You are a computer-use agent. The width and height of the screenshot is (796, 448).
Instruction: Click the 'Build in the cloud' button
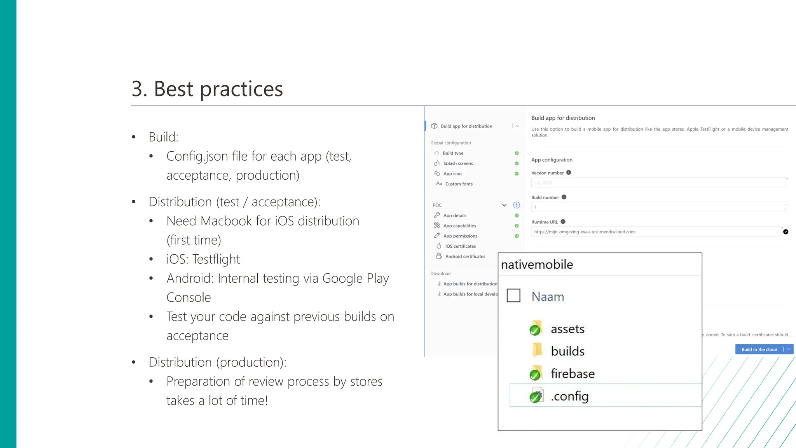pos(759,349)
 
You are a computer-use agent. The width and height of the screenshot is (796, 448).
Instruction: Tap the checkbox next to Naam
pos(513,296)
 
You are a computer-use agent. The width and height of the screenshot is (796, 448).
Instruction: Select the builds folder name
pos(567,351)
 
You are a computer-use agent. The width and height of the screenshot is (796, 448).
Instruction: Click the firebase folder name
pos(573,374)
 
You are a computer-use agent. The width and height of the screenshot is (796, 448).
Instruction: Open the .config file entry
pos(569,396)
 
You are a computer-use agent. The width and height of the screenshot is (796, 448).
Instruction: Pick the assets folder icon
pos(536,328)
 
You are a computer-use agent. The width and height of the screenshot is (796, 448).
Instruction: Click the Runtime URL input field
pos(655,232)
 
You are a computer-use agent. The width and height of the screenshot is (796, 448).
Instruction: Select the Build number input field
pos(657,207)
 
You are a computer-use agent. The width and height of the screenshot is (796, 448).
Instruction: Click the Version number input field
pos(658,183)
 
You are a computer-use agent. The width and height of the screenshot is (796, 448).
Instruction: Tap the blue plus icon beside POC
pos(517,205)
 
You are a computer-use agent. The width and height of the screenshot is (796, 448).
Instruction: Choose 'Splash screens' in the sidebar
pos(458,163)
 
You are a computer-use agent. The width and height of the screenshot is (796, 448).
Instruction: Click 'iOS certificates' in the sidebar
pos(460,246)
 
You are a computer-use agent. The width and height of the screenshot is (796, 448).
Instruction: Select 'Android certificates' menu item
pos(465,256)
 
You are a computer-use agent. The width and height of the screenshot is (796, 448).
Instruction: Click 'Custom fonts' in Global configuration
pos(459,184)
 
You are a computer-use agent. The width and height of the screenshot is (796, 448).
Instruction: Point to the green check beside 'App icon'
pos(517,174)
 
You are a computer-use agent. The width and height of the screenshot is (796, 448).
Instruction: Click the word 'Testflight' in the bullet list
pos(216,259)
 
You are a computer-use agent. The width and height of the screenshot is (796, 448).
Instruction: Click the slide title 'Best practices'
pos(218,89)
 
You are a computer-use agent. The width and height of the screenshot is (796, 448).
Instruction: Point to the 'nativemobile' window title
pos(537,264)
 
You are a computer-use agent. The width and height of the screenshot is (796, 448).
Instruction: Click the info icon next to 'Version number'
pos(569,173)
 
